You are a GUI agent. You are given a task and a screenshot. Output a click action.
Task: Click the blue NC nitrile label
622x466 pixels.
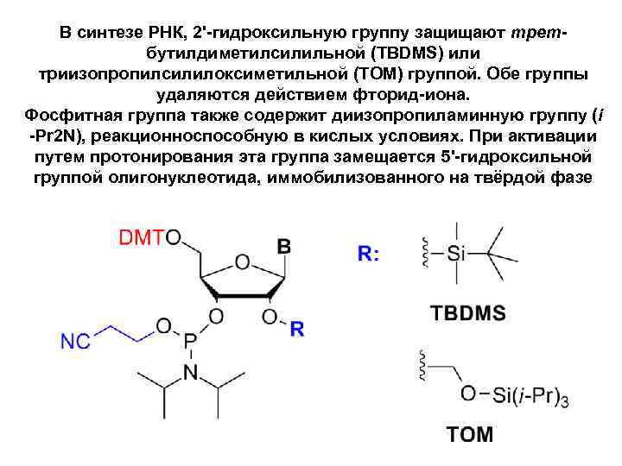pyautogui.click(x=76, y=342)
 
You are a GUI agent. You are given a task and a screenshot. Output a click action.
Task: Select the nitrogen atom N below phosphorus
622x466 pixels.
pyautogui.click(x=192, y=373)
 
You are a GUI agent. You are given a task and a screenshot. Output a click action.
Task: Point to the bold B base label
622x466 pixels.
pyautogui.click(x=283, y=246)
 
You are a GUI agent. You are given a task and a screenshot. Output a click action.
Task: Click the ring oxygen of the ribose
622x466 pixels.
pyautogui.click(x=243, y=260)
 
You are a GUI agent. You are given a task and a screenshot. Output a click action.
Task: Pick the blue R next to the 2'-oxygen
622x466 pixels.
pyautogui.click(x=296, y=329)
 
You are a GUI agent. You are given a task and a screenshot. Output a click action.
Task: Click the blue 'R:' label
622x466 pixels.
pyautogui.click(x=373, y=254)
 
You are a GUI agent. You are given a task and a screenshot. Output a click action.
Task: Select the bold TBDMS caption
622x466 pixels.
pyautogui.click(x=467, y=313)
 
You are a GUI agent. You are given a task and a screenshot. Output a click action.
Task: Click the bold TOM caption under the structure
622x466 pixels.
pyautogui.click(x=469, y=433)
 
